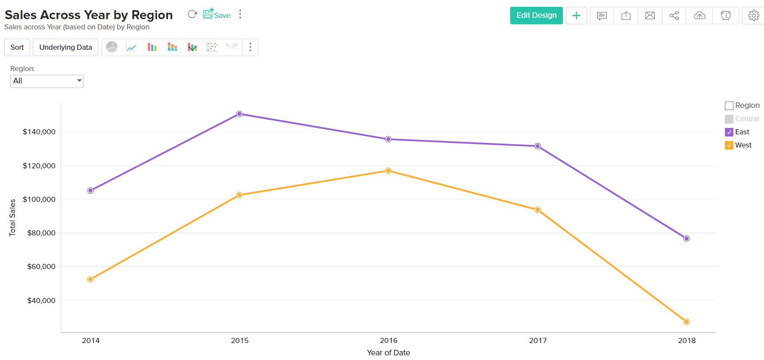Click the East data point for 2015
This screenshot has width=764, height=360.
[x=239, y=114]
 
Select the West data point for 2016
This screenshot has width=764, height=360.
[x=388, y=170]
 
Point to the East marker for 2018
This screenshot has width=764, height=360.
[x=686, y=238]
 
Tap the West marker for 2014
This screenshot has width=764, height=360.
[x=91, y=279]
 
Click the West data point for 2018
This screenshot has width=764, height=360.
[x=686, y=322]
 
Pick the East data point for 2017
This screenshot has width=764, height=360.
[x=537, y=146]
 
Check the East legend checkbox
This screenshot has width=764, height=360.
[x=729, y=132]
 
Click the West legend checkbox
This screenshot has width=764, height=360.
[x=729, y=145]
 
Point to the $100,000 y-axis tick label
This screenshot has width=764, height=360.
[x=39, y=199]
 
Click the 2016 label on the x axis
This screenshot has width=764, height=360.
[x=388, y=340]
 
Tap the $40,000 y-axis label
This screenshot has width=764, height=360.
[x=41, y=300]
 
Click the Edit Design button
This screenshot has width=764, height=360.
[x=536, y=16]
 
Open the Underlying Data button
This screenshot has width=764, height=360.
[x=65, y=47]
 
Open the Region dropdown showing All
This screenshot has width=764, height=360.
[x=47, y=81]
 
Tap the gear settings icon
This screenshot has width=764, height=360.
[x=753, y=16]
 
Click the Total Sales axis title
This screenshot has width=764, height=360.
[x=12, y=217]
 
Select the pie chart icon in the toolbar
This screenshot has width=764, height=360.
[x=112, y=47]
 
